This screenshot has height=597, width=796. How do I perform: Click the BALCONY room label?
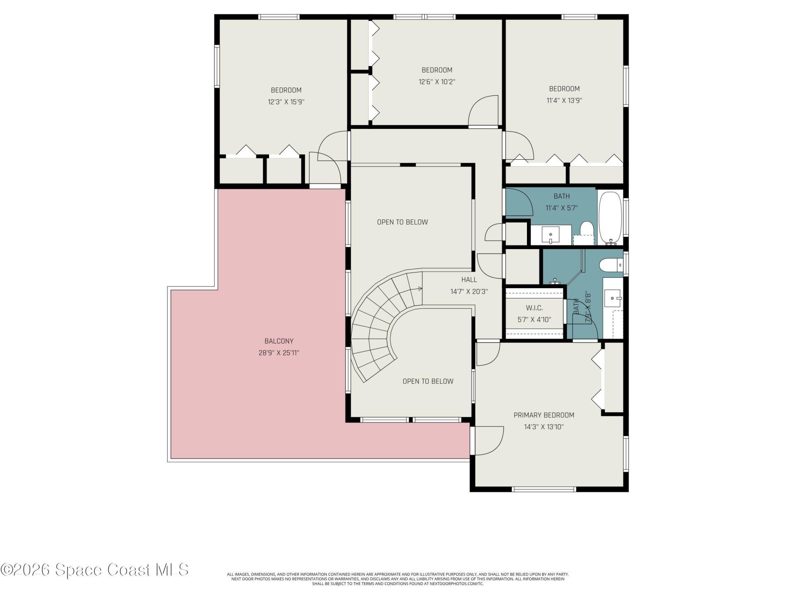(x=279, y=341)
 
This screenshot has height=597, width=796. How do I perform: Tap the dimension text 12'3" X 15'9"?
(x=286, y=102)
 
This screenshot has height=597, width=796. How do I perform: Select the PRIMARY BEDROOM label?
(x=544, y=415)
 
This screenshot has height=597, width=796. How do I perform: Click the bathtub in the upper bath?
(x=610, y=217)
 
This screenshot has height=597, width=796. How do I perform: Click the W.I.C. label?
(x=534, y=308)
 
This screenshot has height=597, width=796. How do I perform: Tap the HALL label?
(x=469, y=280)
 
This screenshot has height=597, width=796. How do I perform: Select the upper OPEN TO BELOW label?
(x=402, y=222)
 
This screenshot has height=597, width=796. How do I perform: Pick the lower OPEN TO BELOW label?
(x=428, y=381)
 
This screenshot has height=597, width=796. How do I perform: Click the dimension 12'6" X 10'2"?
(x=437, y=82)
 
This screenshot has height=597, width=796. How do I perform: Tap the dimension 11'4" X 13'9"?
(x=564, y=100)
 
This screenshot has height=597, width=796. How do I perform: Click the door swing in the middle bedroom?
(x=483, y=111)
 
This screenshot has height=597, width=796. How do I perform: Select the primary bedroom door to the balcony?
(x=487, y=440)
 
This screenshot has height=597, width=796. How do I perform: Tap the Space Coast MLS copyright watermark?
(x=95, y=570)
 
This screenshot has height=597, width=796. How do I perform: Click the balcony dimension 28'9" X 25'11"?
(x=279, y=353)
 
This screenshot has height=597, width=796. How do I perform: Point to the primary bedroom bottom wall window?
(x=544, y=489)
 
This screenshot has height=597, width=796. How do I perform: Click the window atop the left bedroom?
(x=279, y=17)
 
